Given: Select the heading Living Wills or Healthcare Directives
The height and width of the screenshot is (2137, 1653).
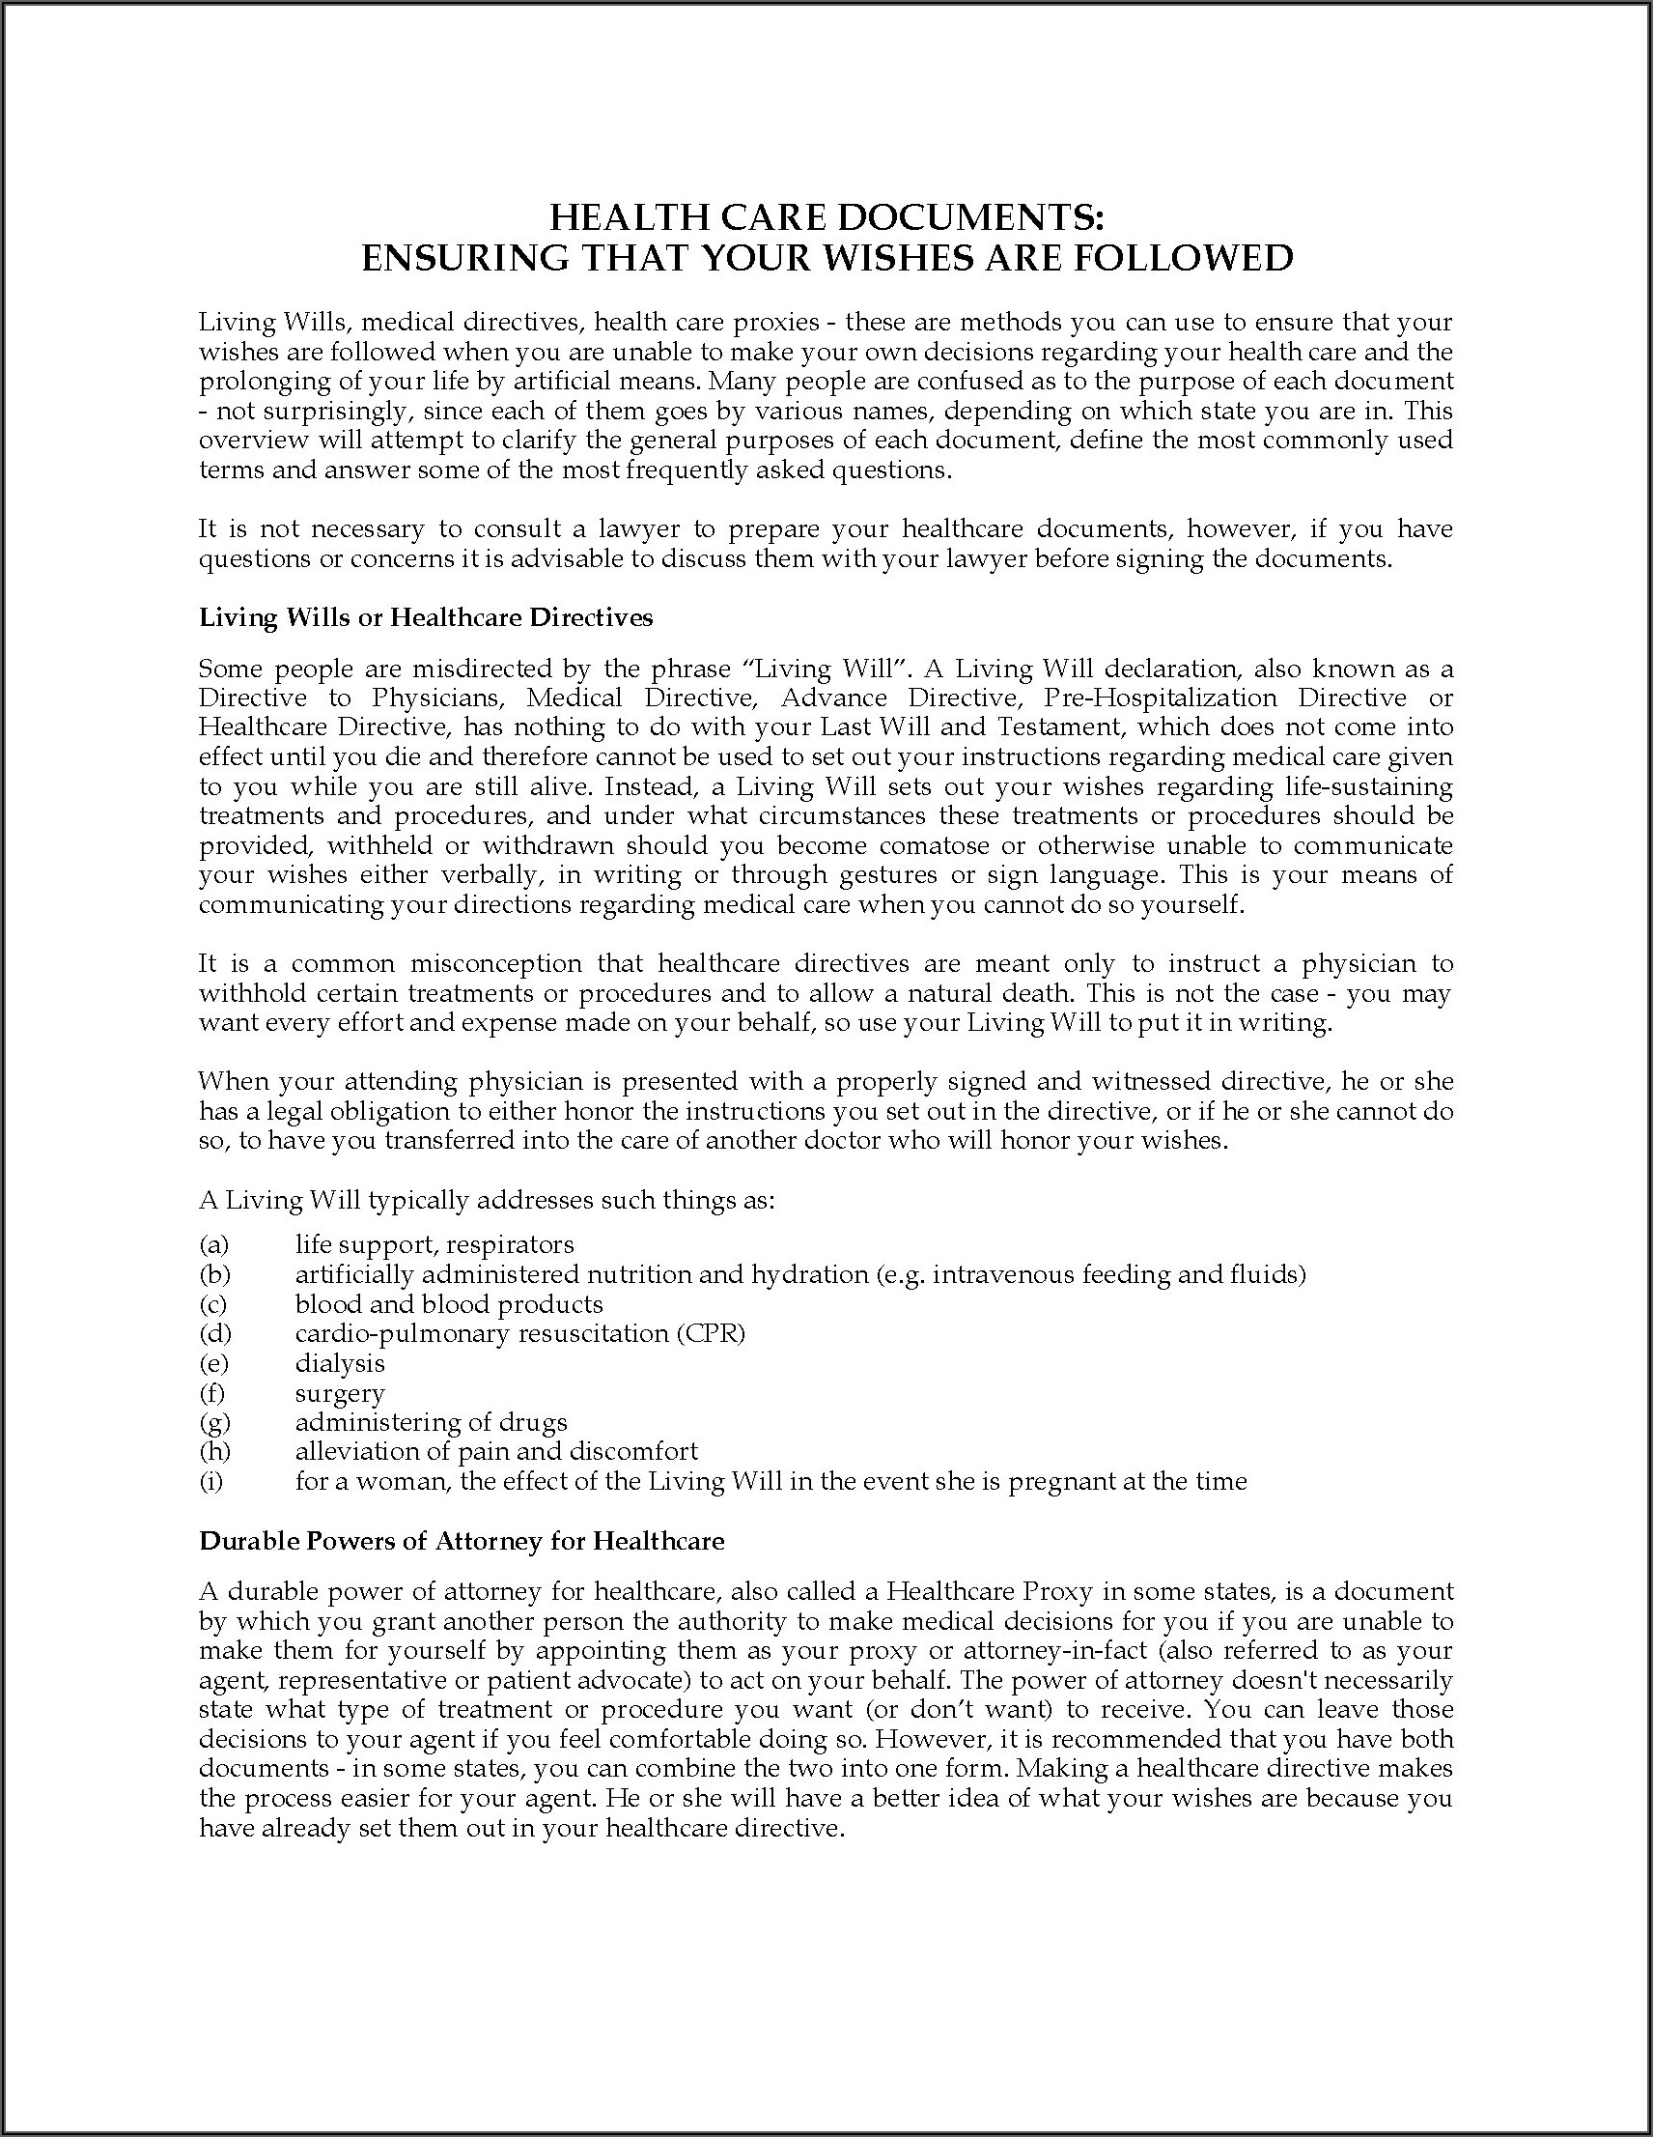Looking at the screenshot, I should coord(426,617).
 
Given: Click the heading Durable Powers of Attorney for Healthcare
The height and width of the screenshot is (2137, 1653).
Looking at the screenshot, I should coord(462,1541).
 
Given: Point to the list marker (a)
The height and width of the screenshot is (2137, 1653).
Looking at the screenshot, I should coord(213,1244).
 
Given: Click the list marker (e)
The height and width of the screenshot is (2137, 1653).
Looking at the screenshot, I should coord(213,1363).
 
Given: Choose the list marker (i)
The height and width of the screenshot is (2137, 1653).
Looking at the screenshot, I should coord(211,1481).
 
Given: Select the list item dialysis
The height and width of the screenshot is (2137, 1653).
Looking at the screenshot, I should coord(340,1363).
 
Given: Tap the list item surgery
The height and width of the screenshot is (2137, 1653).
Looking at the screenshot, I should coord(340,1393).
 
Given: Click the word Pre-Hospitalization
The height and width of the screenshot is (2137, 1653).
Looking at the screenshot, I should coord(1160,698).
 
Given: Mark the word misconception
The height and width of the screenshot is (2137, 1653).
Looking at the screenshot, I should coord(496,964).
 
